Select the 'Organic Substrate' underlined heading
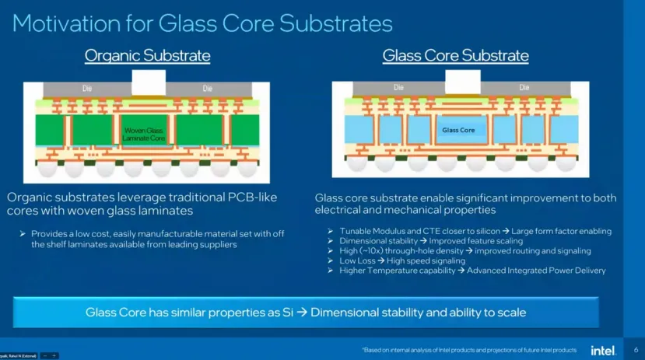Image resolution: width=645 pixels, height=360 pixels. (x=147, y=56)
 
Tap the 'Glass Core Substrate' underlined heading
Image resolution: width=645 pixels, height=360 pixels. (x=455, y=56)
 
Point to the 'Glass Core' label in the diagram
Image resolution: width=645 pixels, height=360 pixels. (x=458, y=130)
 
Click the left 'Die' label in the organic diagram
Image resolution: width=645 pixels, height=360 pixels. (x=87, y=89)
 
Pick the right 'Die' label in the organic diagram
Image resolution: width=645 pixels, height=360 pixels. (x=207, y=89)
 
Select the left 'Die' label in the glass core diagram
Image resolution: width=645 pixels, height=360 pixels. (x=398, y=87)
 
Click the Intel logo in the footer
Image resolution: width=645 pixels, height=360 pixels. (x=603, y=350)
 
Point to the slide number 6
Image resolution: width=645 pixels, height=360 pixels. (x=635, y=350)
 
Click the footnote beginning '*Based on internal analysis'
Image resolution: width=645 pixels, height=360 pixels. (x=469, y=350)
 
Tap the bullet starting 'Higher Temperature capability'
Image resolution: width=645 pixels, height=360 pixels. (x=471, y=271)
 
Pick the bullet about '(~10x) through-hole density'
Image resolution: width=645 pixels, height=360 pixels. (x=464, y=251)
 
